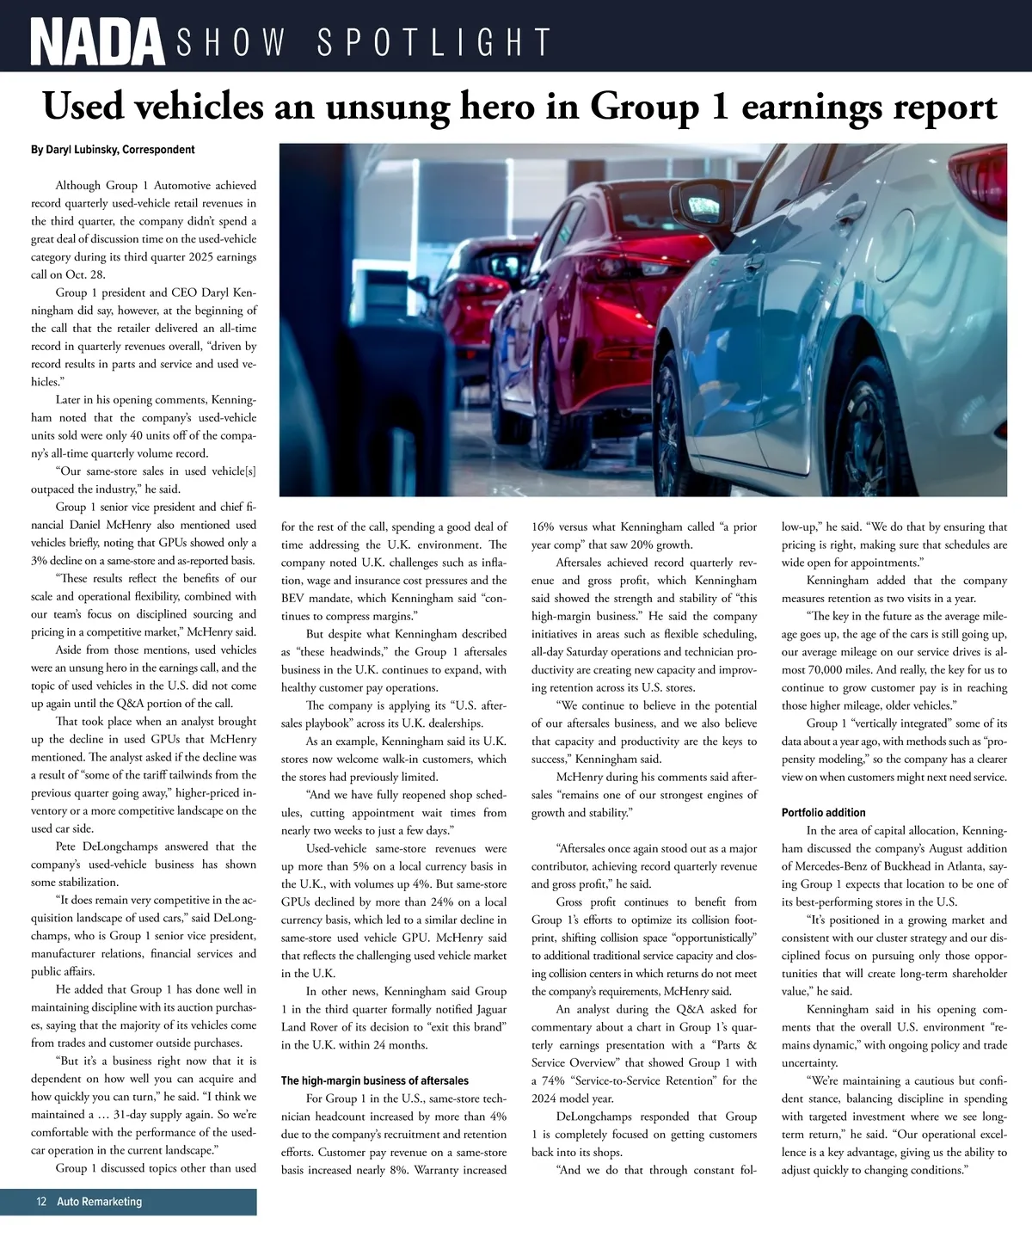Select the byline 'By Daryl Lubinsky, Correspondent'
113,150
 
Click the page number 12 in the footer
41,1201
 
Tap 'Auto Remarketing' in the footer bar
100,1201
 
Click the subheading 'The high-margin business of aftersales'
375,1080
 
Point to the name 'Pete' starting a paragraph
69,846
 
